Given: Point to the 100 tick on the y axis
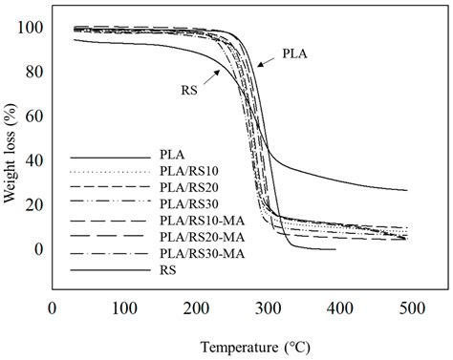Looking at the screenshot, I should (32, 28).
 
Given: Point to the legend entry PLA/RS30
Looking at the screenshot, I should (184, 202).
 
